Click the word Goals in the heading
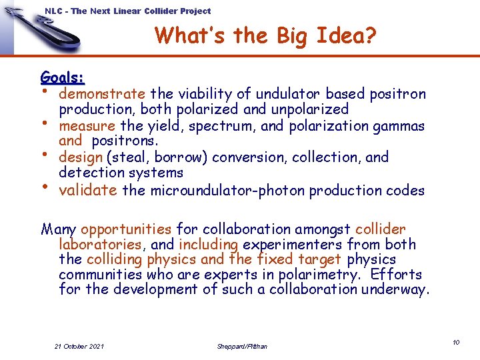point(61,77)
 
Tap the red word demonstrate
point(102,94)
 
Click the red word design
point(80,157)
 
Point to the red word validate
point(88,190)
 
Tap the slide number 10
point(456,342)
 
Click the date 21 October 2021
point(79,346)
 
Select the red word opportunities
point(126,229)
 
